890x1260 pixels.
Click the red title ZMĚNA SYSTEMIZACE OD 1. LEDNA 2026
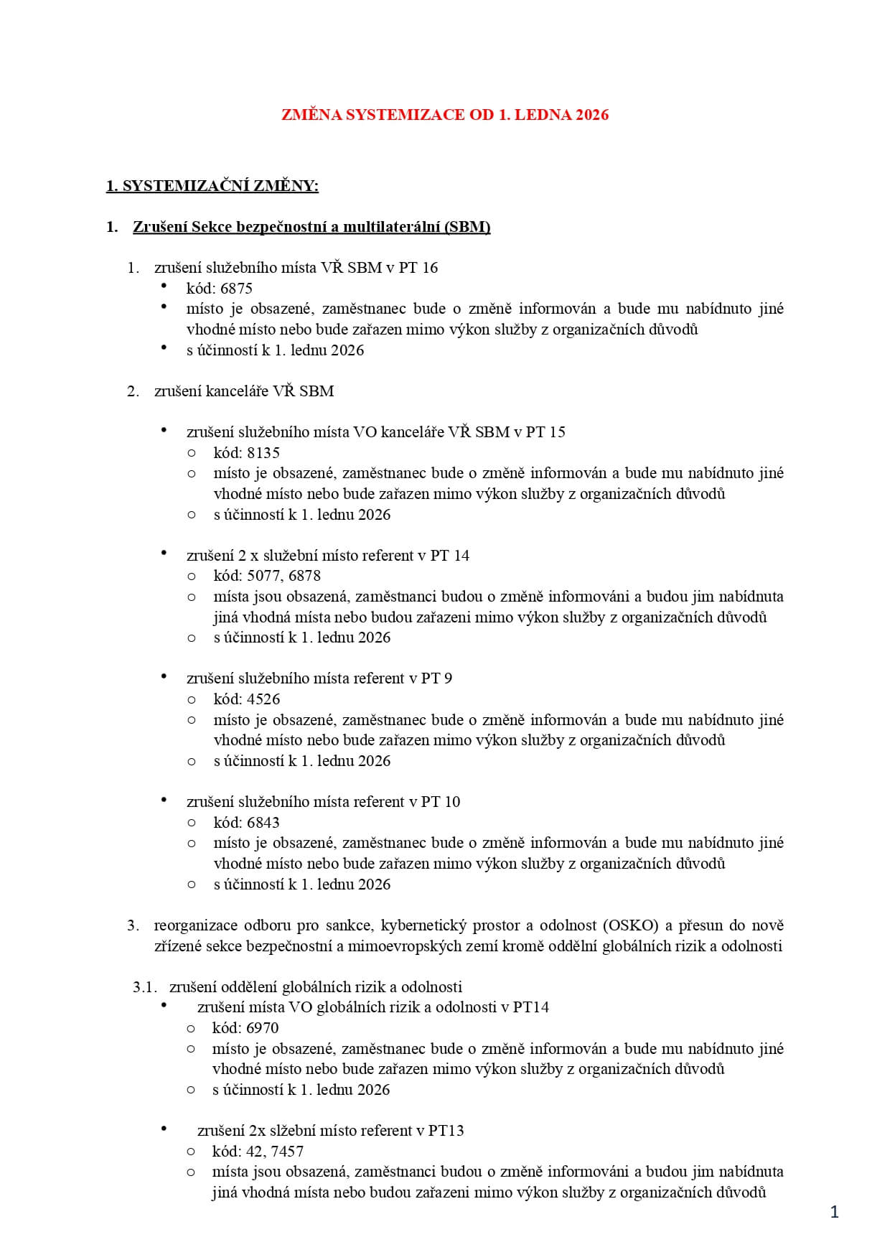pyautogui.click(x=444, y=115)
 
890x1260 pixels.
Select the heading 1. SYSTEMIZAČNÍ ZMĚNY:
pyautogui.click(x=212, y=186)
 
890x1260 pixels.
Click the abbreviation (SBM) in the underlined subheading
pyautogui.click(x=467, y=228)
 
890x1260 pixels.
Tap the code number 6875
pyautogui.click(x=237, y=289)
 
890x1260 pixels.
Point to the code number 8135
pyautogui.click(x=263, y=453)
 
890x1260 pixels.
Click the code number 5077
pyautogui.click(x=264, y=576)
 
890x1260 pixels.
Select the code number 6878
pyautogui.click(x=304, y=576)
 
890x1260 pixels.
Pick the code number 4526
pyautogui.click(x=263, y=699)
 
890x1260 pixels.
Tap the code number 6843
pyautogui.click(x=263, y=823)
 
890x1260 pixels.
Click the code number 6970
pyautogui.click(x=262, y=1028)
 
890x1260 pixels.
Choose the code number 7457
pyautogui.click(x=287, y=1152)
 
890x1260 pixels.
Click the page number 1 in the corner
pyautogui.click(x=834, y=1213)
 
